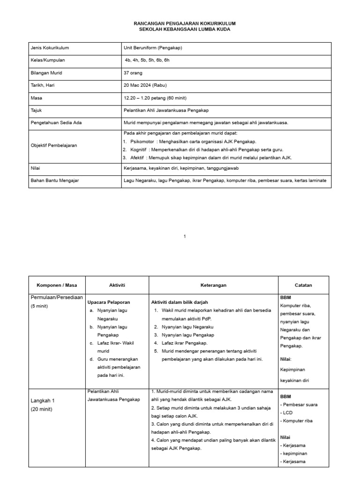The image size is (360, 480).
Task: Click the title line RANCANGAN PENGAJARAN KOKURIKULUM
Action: click(185, 23)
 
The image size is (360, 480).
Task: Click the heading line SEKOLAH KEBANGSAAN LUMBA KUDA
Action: click(185, 29)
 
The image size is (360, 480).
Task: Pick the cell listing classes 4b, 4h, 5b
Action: click(147, 60)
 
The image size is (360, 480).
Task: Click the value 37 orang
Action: click(133, 73)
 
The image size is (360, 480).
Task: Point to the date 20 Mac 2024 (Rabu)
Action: click(145, 85)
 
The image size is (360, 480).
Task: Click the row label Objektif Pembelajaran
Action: click(54, 145)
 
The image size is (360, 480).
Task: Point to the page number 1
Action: click(185, 236)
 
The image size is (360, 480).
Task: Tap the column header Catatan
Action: click(303, 285)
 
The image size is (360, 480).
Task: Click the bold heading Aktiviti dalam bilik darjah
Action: click(180, 302)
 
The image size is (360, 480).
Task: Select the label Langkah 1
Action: click(43, 401)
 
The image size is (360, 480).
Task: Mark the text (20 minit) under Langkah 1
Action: click(42, 409)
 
